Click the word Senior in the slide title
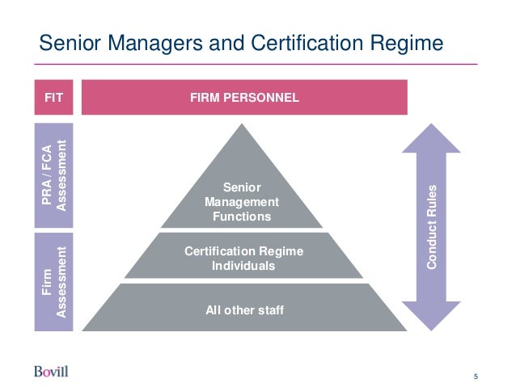[x=72, y=41]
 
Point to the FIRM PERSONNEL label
[x=244, y=98]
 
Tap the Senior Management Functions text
[x=242, y=202]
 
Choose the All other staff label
[x=244, y=309]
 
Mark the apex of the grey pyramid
[x=243, y=126]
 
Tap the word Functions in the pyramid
[x=242, y=217]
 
